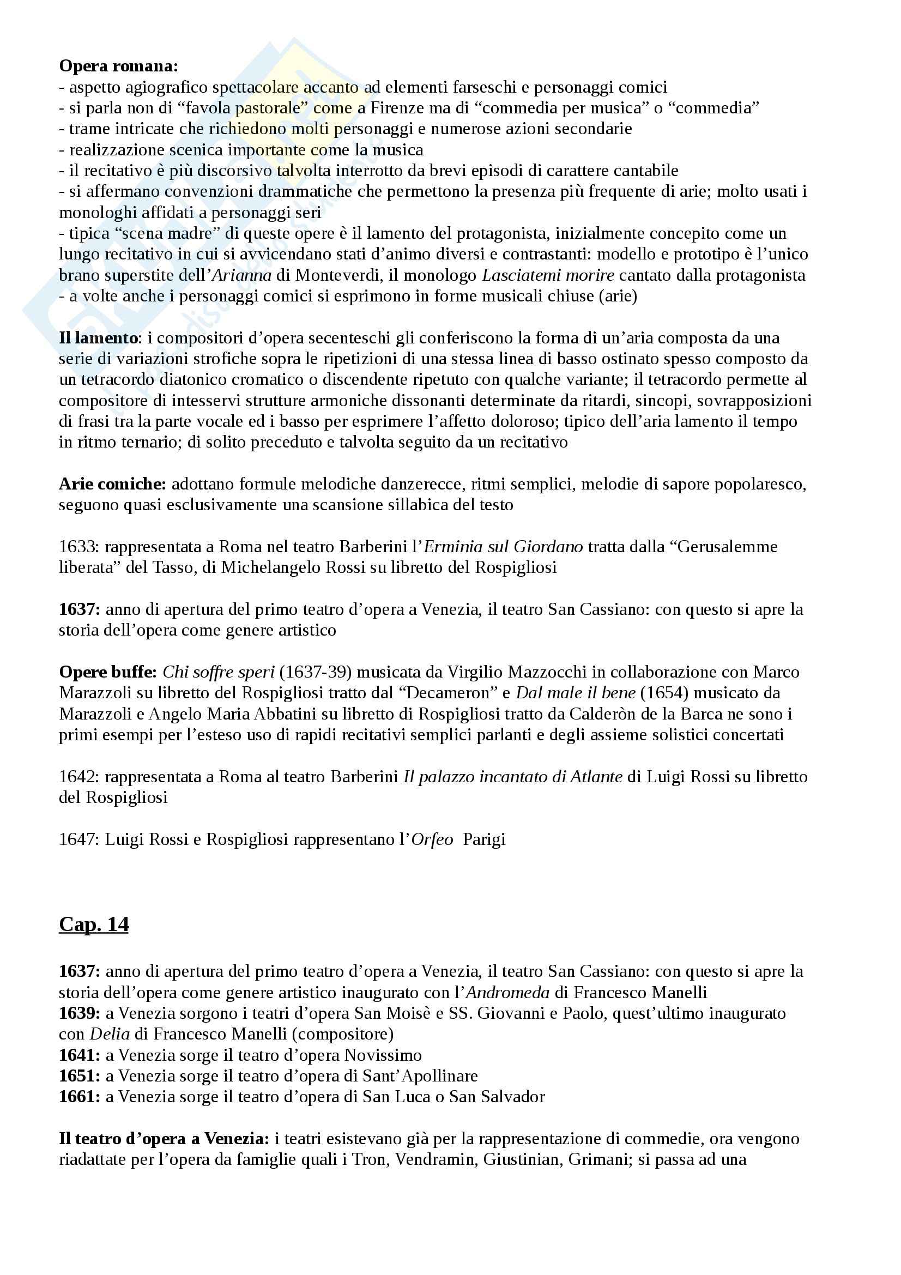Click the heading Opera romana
(x=118, y=66)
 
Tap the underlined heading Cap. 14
(x=94, y=923)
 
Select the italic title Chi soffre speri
(x=219, y=672)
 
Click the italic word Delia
(x=110, y=1034)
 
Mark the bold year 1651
(x=80, y=1075)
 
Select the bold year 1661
(x=80, y=1097)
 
